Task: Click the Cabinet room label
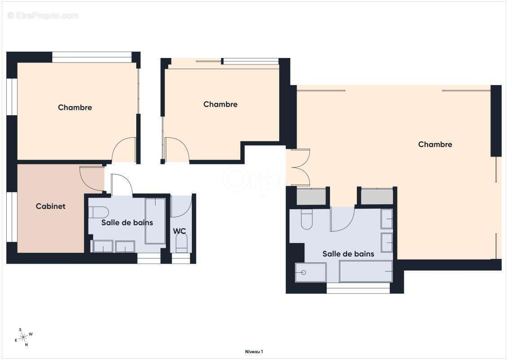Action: click(50, 206)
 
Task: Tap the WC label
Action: click(179, 231)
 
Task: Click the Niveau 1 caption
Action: click(254, 351)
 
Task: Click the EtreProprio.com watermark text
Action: click(43, 15)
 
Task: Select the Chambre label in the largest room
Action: click(435, 144)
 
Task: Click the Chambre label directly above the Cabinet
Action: click(75, 108)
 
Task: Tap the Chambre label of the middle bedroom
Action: click(220, 104)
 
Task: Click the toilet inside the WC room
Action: click(182, 243)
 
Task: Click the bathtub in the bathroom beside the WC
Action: click(155, 221)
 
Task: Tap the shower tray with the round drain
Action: click(311, 272)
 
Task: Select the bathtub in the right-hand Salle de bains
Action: click(366, 271)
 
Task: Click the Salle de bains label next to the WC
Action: click(127, 222)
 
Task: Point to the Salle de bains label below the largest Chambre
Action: click(348, 254)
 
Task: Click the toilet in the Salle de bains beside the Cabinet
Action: click(98, 212)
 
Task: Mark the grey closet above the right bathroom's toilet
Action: click(311, 197)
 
